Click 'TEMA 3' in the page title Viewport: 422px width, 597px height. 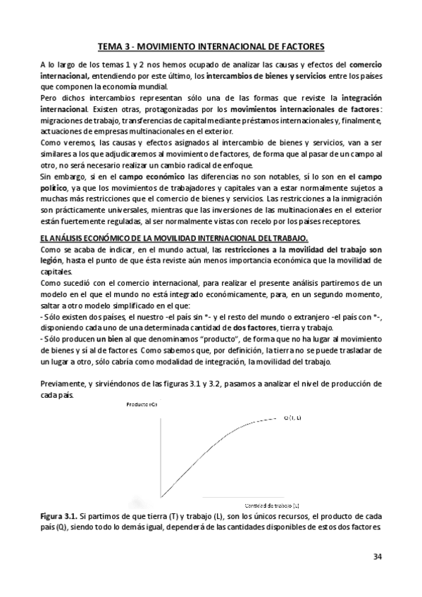[x=113, y=46]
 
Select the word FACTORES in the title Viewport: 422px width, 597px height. [x=299, y=46]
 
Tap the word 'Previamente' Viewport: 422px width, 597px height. [x=62, y=384]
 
